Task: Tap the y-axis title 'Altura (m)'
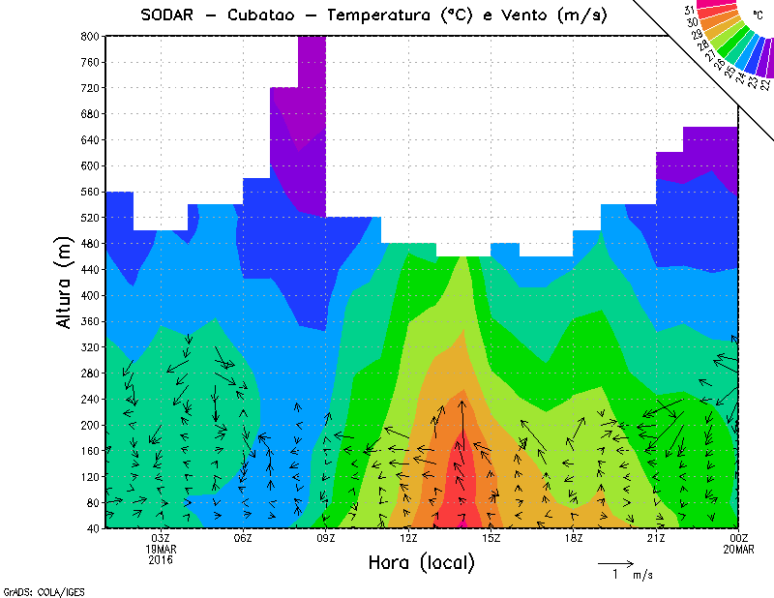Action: [64, 282]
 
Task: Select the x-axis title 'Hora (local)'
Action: [421, 562]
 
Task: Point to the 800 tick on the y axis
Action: [88, 36]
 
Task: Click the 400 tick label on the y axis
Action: [88, 295]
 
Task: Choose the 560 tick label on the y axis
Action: [88, 192]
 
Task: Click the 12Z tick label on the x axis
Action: [408, 539]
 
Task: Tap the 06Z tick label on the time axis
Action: [243, 539]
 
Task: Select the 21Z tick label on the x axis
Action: [656, 539]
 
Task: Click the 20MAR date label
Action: [738, 549]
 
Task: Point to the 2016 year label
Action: [161, 559]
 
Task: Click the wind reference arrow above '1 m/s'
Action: [614, 561]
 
